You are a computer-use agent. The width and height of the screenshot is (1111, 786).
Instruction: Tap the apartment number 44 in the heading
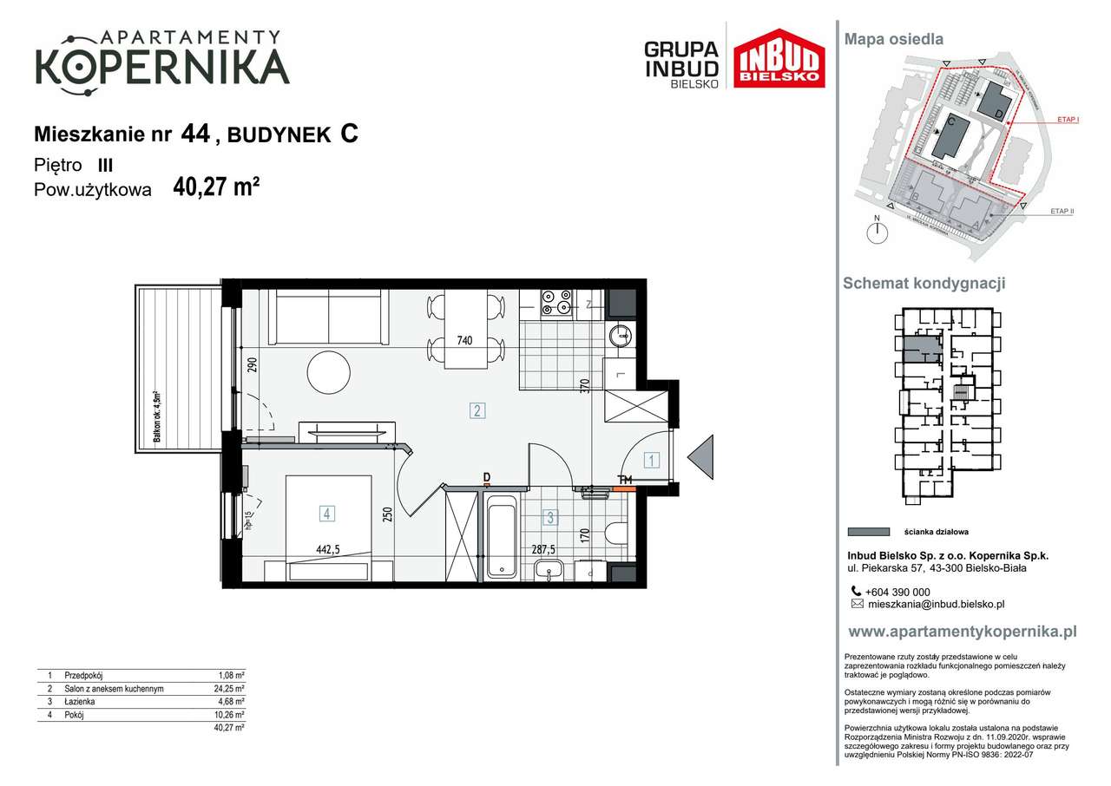pyautogui.click(x=195, y=134)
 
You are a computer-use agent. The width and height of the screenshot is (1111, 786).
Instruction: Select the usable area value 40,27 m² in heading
pyautogui.click(x=217, y=187)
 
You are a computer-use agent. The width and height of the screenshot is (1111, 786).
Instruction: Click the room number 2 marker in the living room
pyautogui.click(x=477, y=410)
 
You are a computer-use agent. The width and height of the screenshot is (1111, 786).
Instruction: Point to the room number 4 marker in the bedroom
pyautogui.click(x=326, y=514)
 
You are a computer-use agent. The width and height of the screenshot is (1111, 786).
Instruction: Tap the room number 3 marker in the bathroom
pyautogui.click(x=549, y=519)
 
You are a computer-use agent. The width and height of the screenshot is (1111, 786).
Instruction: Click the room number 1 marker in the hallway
pyautogui.click(x=651, y=461)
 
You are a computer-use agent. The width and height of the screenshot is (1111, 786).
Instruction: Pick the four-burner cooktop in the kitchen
pyautogui.click(x=556, y=300)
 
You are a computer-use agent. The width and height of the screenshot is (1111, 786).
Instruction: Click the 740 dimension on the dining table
pyautogui.click(x=464, y=341)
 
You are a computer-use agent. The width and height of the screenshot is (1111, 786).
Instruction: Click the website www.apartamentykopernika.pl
pyautogui.click(x=962, y=632)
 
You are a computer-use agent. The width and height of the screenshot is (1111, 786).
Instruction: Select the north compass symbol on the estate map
pyautogui.click(x=878, y=231)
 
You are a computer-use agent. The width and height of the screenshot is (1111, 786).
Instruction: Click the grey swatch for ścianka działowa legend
pyautogui.click(x=868, y=532)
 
